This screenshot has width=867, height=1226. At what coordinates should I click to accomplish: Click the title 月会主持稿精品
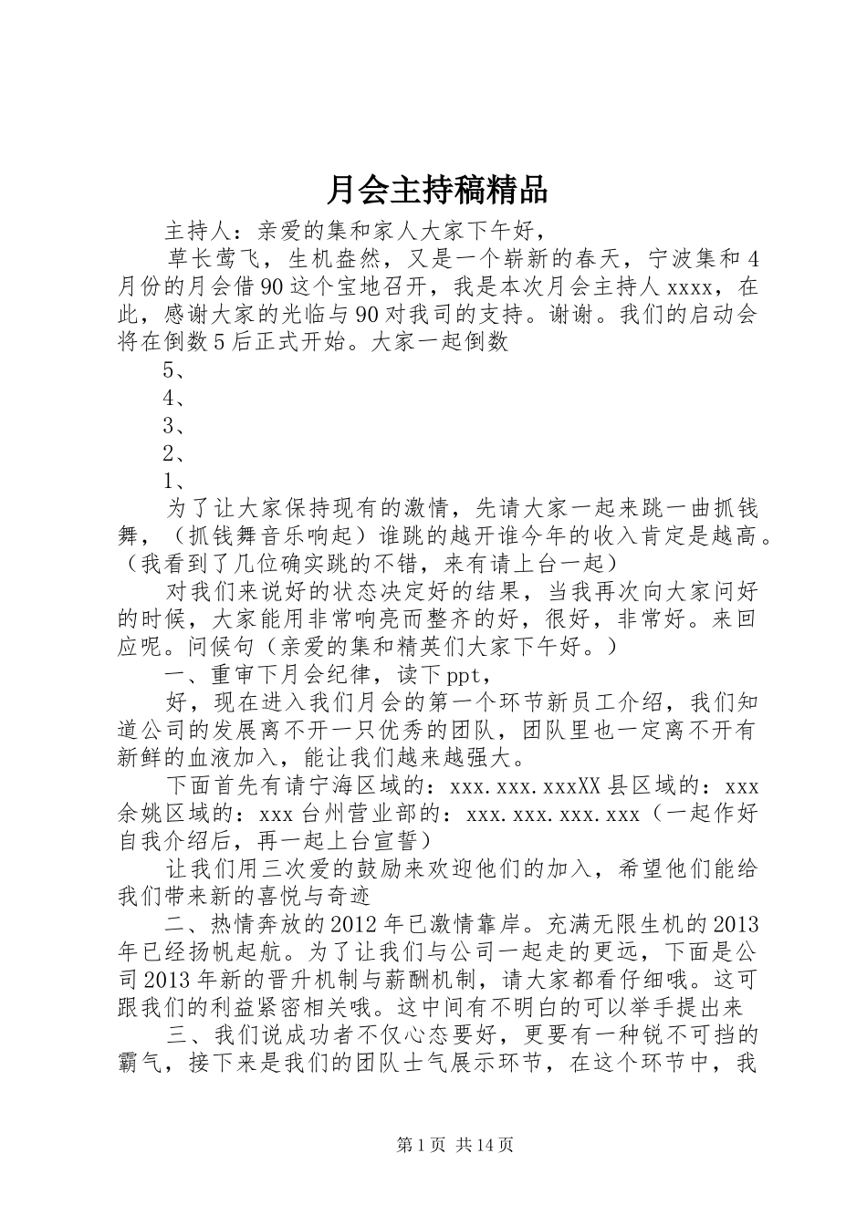pos(436,191)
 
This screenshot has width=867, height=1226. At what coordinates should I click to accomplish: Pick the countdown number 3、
pos(175,425)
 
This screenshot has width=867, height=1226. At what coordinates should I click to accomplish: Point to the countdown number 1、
pos(175,481)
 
